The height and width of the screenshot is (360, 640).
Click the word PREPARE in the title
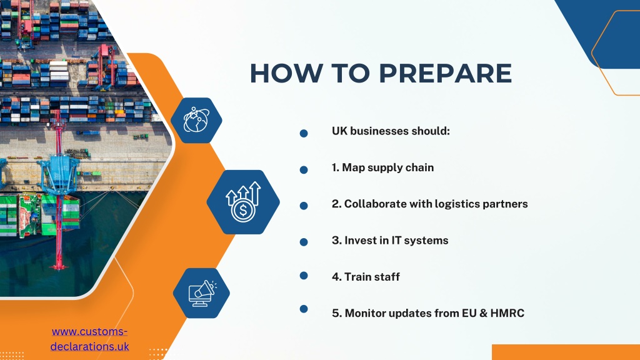pos(445,74)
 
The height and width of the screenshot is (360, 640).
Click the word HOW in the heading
pos(286,74)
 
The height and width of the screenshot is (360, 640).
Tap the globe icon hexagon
pos(196,121)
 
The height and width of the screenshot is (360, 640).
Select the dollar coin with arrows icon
pos(243,202)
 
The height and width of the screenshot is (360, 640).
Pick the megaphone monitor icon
pos(202,293)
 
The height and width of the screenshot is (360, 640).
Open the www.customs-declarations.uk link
pos(89,339)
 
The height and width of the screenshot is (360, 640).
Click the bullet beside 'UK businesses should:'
pos(304,133)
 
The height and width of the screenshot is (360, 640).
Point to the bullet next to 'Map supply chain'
pos(304,170)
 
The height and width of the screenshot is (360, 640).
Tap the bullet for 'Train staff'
pos(304,276)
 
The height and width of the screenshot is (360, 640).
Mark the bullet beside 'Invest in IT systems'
pos(304,242)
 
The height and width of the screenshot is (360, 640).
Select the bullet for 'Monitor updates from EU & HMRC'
pos(304,309)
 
